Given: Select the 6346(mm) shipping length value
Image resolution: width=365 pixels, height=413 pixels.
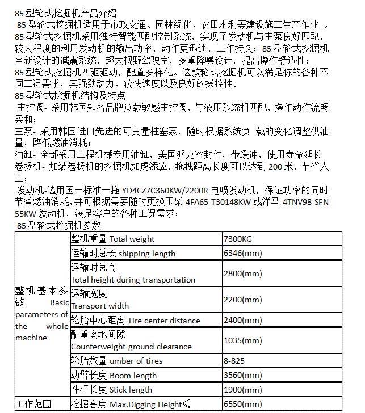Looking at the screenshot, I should tap(244, 253).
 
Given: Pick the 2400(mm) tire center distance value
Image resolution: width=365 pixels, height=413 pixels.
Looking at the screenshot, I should tap(244, 320).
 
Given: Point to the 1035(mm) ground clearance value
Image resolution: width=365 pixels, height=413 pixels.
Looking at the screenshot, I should tap(244, 340).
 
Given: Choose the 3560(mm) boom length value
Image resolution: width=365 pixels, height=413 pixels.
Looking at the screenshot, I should tap(244, 375).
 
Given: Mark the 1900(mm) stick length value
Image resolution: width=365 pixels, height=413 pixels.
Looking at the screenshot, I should tap(244, 389).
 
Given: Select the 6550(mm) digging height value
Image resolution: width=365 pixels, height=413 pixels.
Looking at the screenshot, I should tap(244, 404).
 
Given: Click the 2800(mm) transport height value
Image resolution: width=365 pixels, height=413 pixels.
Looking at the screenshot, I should tap(244, 273).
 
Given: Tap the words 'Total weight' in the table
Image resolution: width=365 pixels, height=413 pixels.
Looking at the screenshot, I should tap(132, 239).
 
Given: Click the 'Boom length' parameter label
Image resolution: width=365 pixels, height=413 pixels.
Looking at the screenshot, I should tap(133, 376).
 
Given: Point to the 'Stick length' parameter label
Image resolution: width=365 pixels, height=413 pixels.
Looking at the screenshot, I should tap(131, 390).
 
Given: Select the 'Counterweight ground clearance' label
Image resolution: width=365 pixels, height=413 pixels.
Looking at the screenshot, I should tap(131, 347).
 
